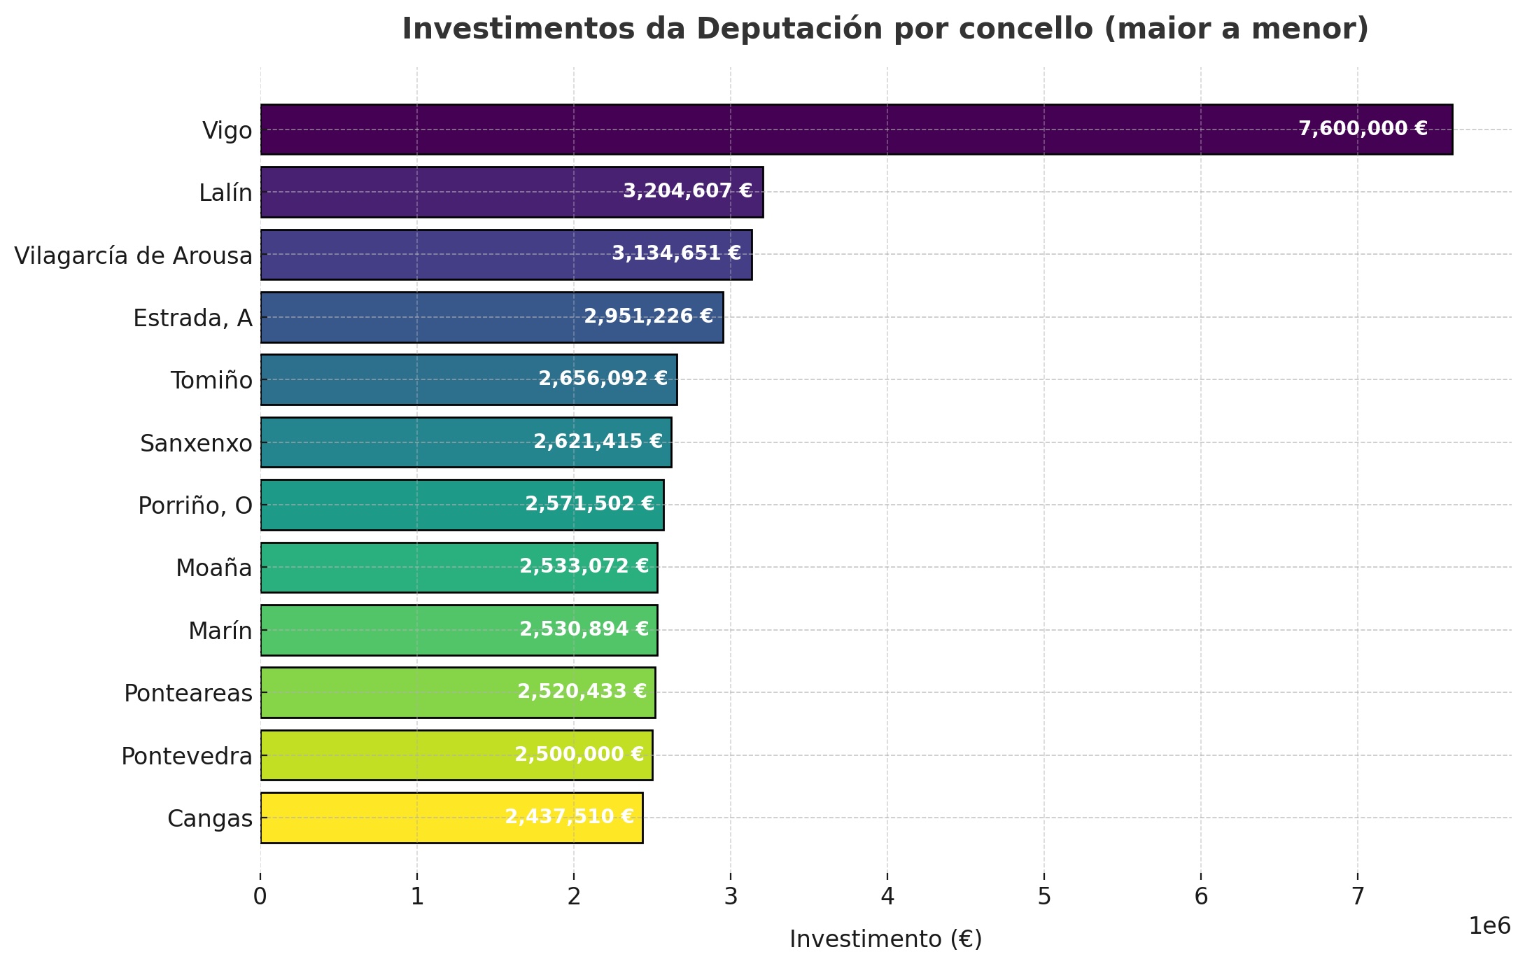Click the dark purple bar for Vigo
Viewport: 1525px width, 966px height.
coord(770,129)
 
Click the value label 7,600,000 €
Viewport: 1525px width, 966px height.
coord(1363,129)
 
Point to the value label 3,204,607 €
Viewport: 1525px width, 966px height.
coord(687,191)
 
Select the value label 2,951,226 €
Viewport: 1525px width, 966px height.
coord(648,316)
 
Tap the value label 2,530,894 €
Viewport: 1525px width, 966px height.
coord(584,629)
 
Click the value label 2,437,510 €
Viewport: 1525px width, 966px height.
coord(569,817)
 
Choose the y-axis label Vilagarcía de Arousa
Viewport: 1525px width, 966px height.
coord(133,255)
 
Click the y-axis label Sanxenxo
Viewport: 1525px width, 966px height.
coord(196,443)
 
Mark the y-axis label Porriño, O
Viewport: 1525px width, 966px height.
coord(195,505)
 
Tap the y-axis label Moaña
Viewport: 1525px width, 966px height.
coord(213,568)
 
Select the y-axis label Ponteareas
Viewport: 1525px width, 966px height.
coord(188,693)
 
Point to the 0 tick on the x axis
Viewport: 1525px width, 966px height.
coord(260,897)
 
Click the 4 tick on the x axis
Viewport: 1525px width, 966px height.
coord(887,897)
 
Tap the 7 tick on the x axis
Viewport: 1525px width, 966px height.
coord(1358,897)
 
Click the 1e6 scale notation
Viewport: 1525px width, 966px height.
coord(1489,927)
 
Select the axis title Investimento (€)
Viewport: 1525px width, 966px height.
coord(885,939)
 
